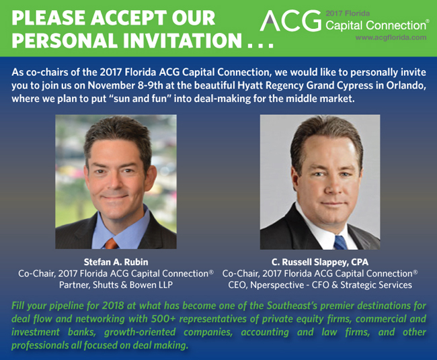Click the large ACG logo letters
click(290, 21)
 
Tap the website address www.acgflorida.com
click(391, 38)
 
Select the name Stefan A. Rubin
click(116, 262)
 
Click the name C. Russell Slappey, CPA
click(320, 262)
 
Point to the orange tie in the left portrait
click(112, 244)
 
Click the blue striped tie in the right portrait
click(341, 242)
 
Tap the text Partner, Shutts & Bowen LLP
click(116, 285)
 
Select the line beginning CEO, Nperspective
click(320, 285)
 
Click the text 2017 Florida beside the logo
click(348, 13)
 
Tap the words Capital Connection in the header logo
click(375, 26)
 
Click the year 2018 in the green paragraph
click(112, 306)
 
